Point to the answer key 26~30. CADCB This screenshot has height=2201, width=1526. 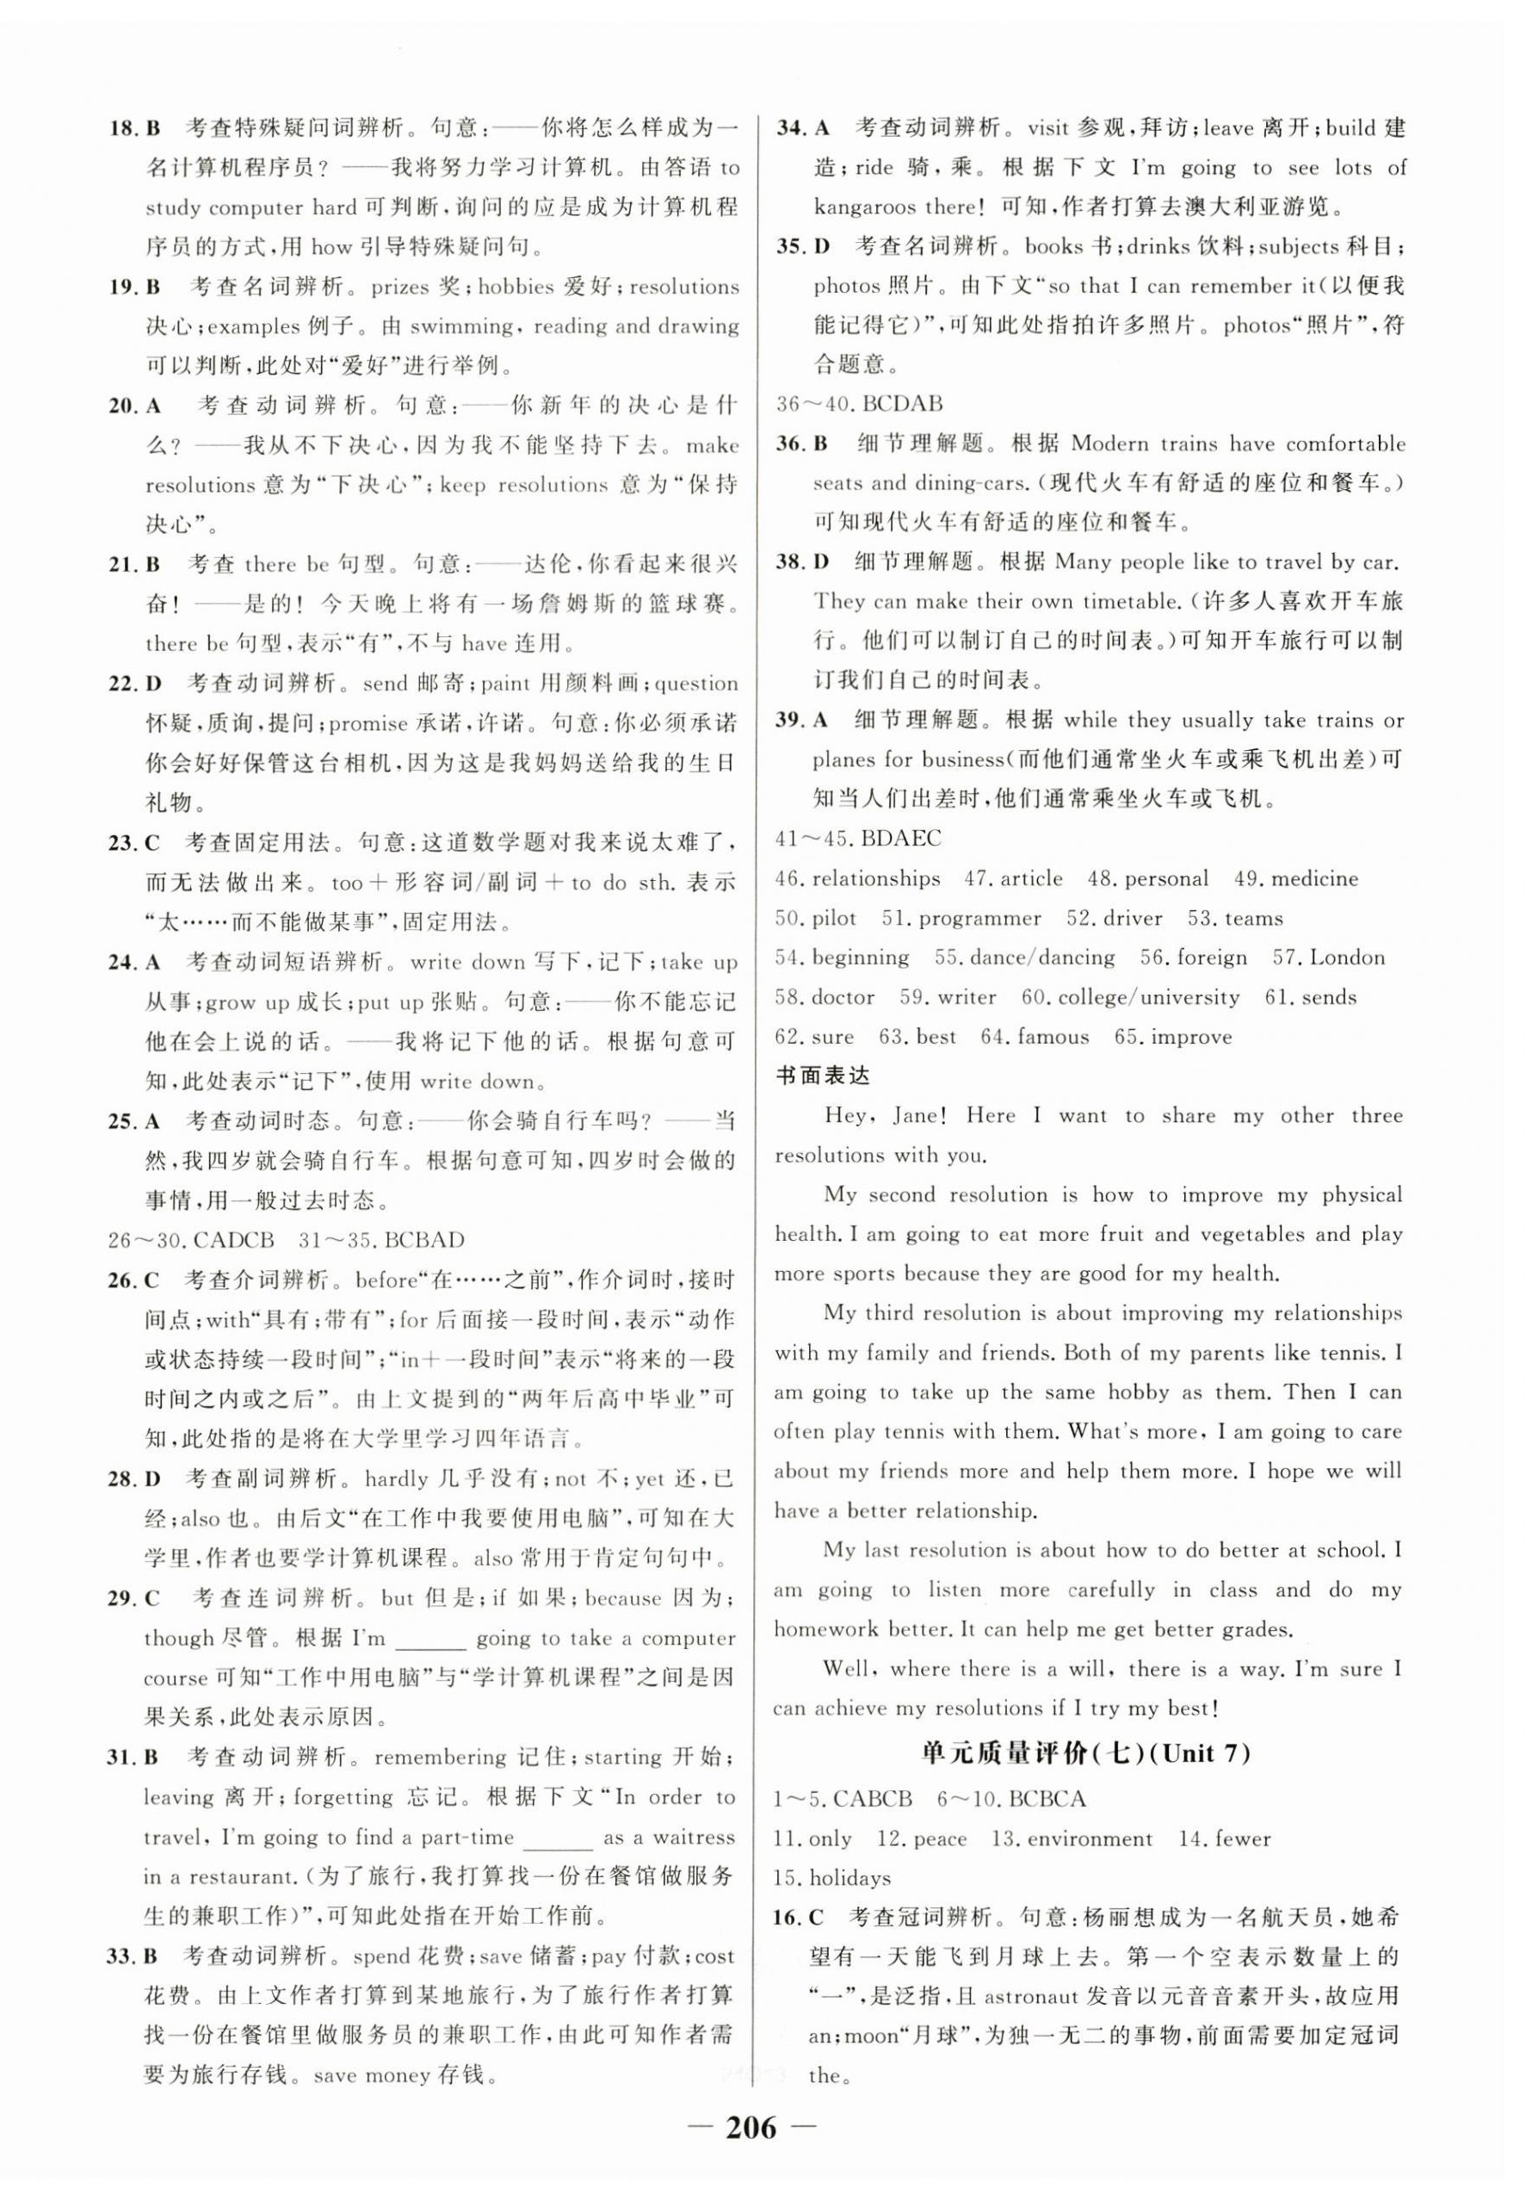tap(191, 1241)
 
